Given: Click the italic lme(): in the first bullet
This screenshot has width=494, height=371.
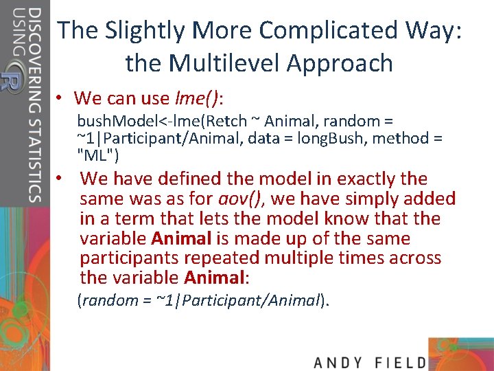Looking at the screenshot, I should (201, 98).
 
